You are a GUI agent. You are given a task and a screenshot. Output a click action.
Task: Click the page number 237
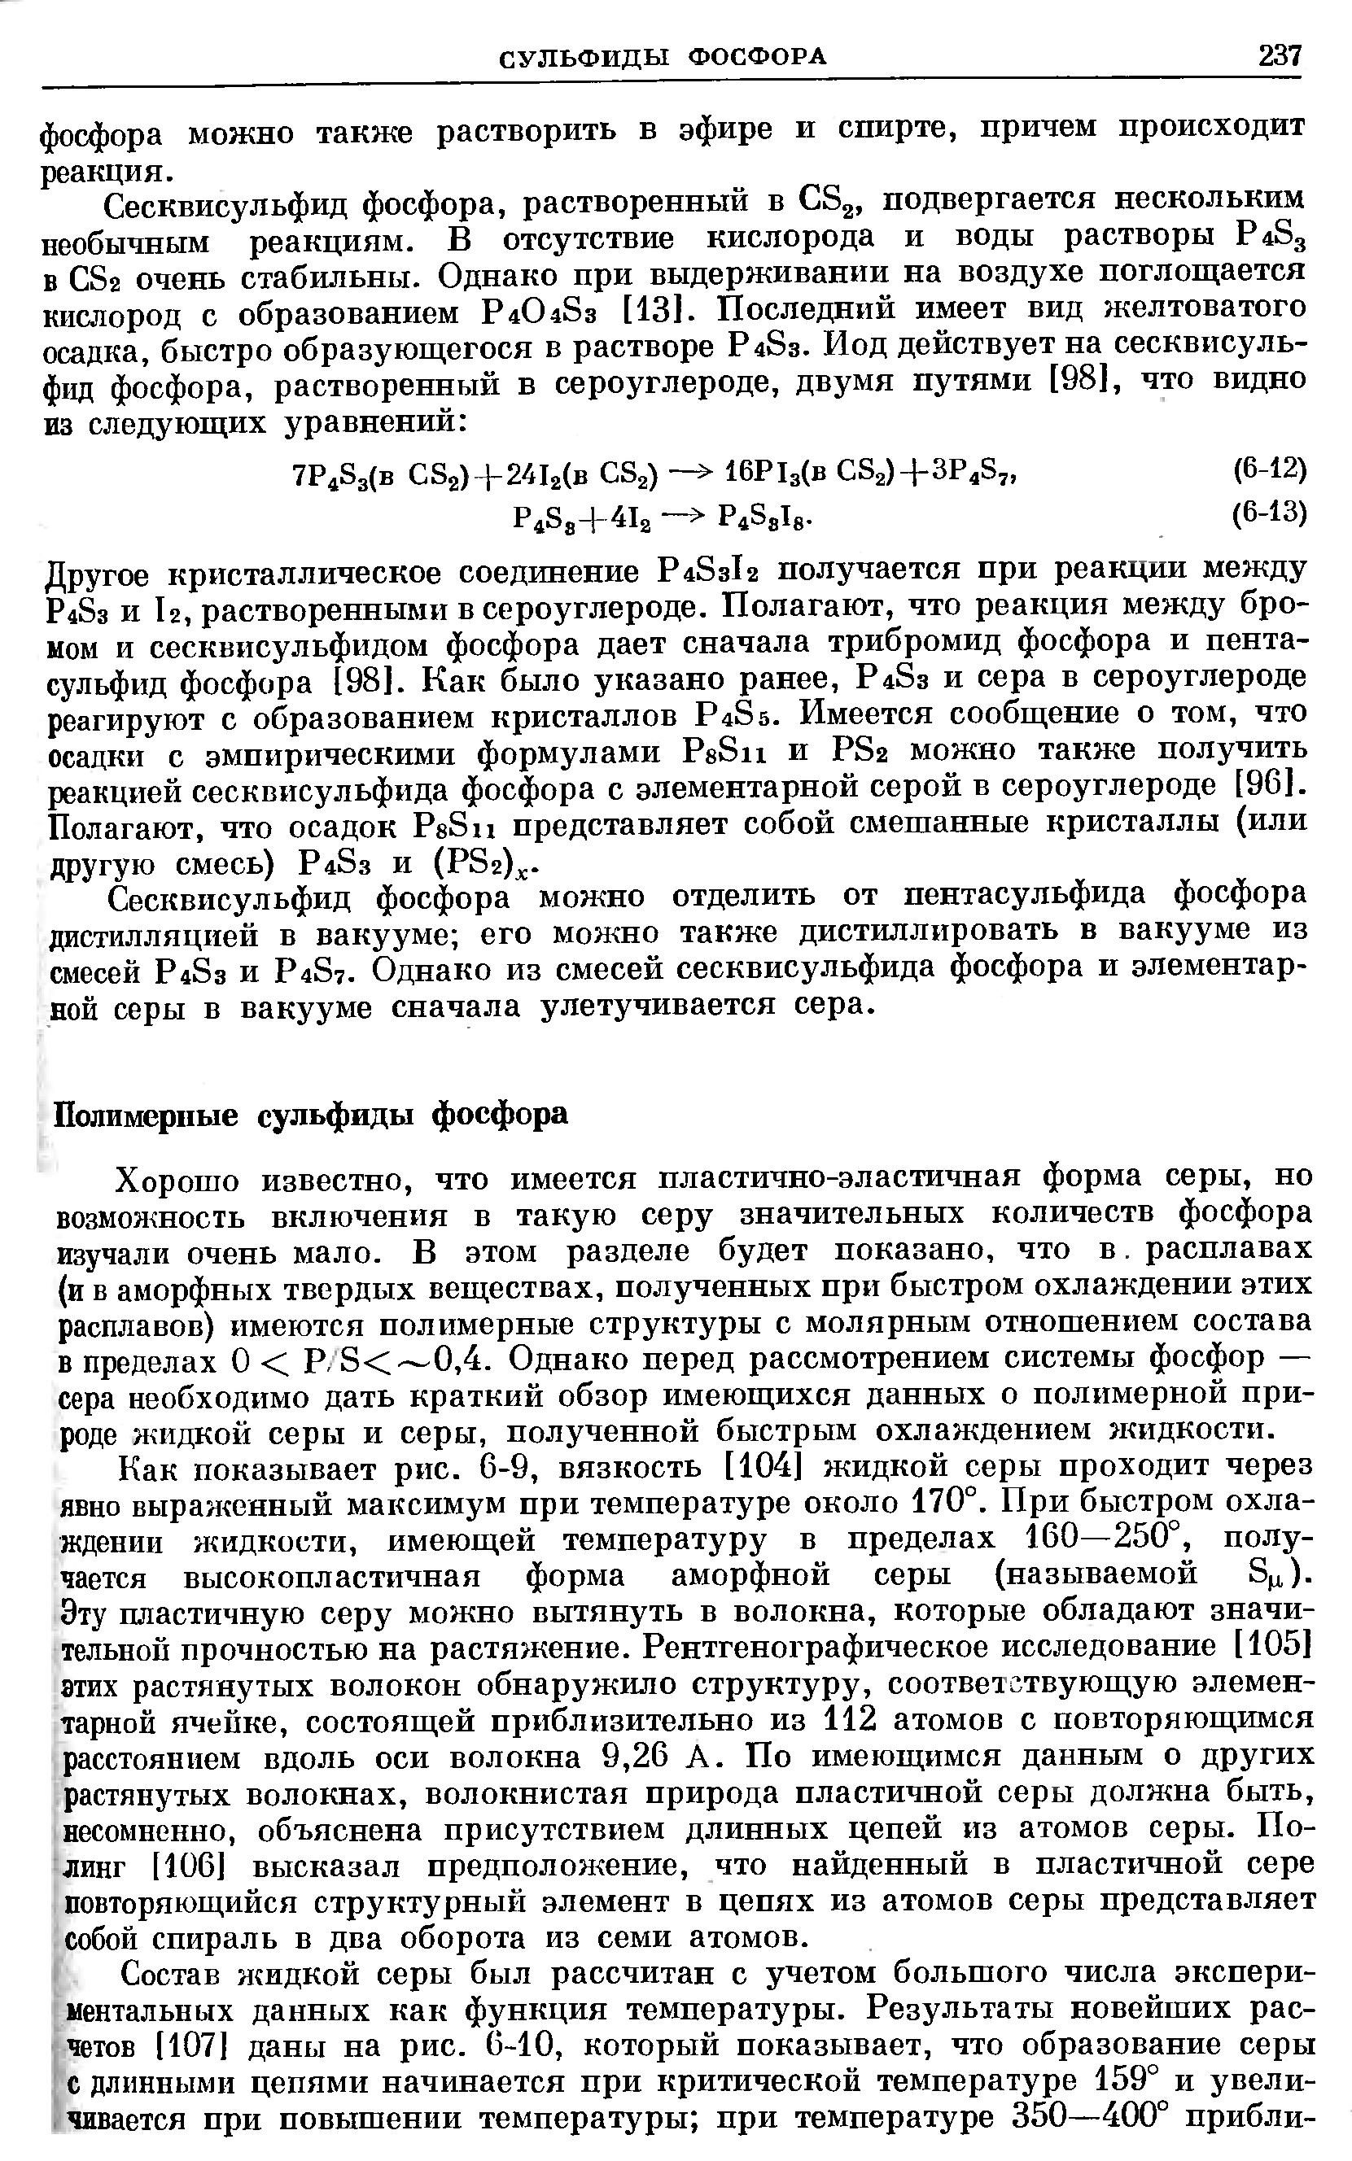(x=1279, y=56)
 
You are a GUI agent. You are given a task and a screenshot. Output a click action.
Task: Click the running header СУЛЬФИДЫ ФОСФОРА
(x=662, y=58)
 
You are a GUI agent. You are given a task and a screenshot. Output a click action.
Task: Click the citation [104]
(x=759, y=1465)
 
